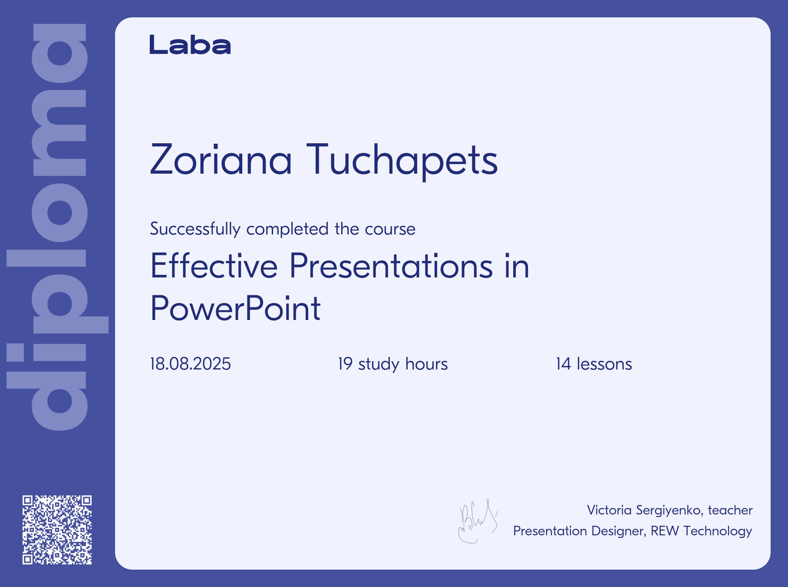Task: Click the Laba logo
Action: [190, 45]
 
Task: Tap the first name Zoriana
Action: [221, 159]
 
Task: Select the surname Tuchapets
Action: [402, 161]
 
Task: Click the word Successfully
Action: [195, 229]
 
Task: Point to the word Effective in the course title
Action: [214, 266]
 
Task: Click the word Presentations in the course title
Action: [391, 266]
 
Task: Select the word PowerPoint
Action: [235, 308]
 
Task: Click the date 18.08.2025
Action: [191, 364]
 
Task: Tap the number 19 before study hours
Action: [345, 364]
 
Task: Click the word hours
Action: [426, 364]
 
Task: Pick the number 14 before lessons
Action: [564, 364]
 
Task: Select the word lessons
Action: [604, 364]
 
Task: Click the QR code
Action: [57, 530]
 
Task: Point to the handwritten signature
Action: [478, 521]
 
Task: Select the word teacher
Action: [730, 510]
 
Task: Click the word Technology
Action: [718, 531]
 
